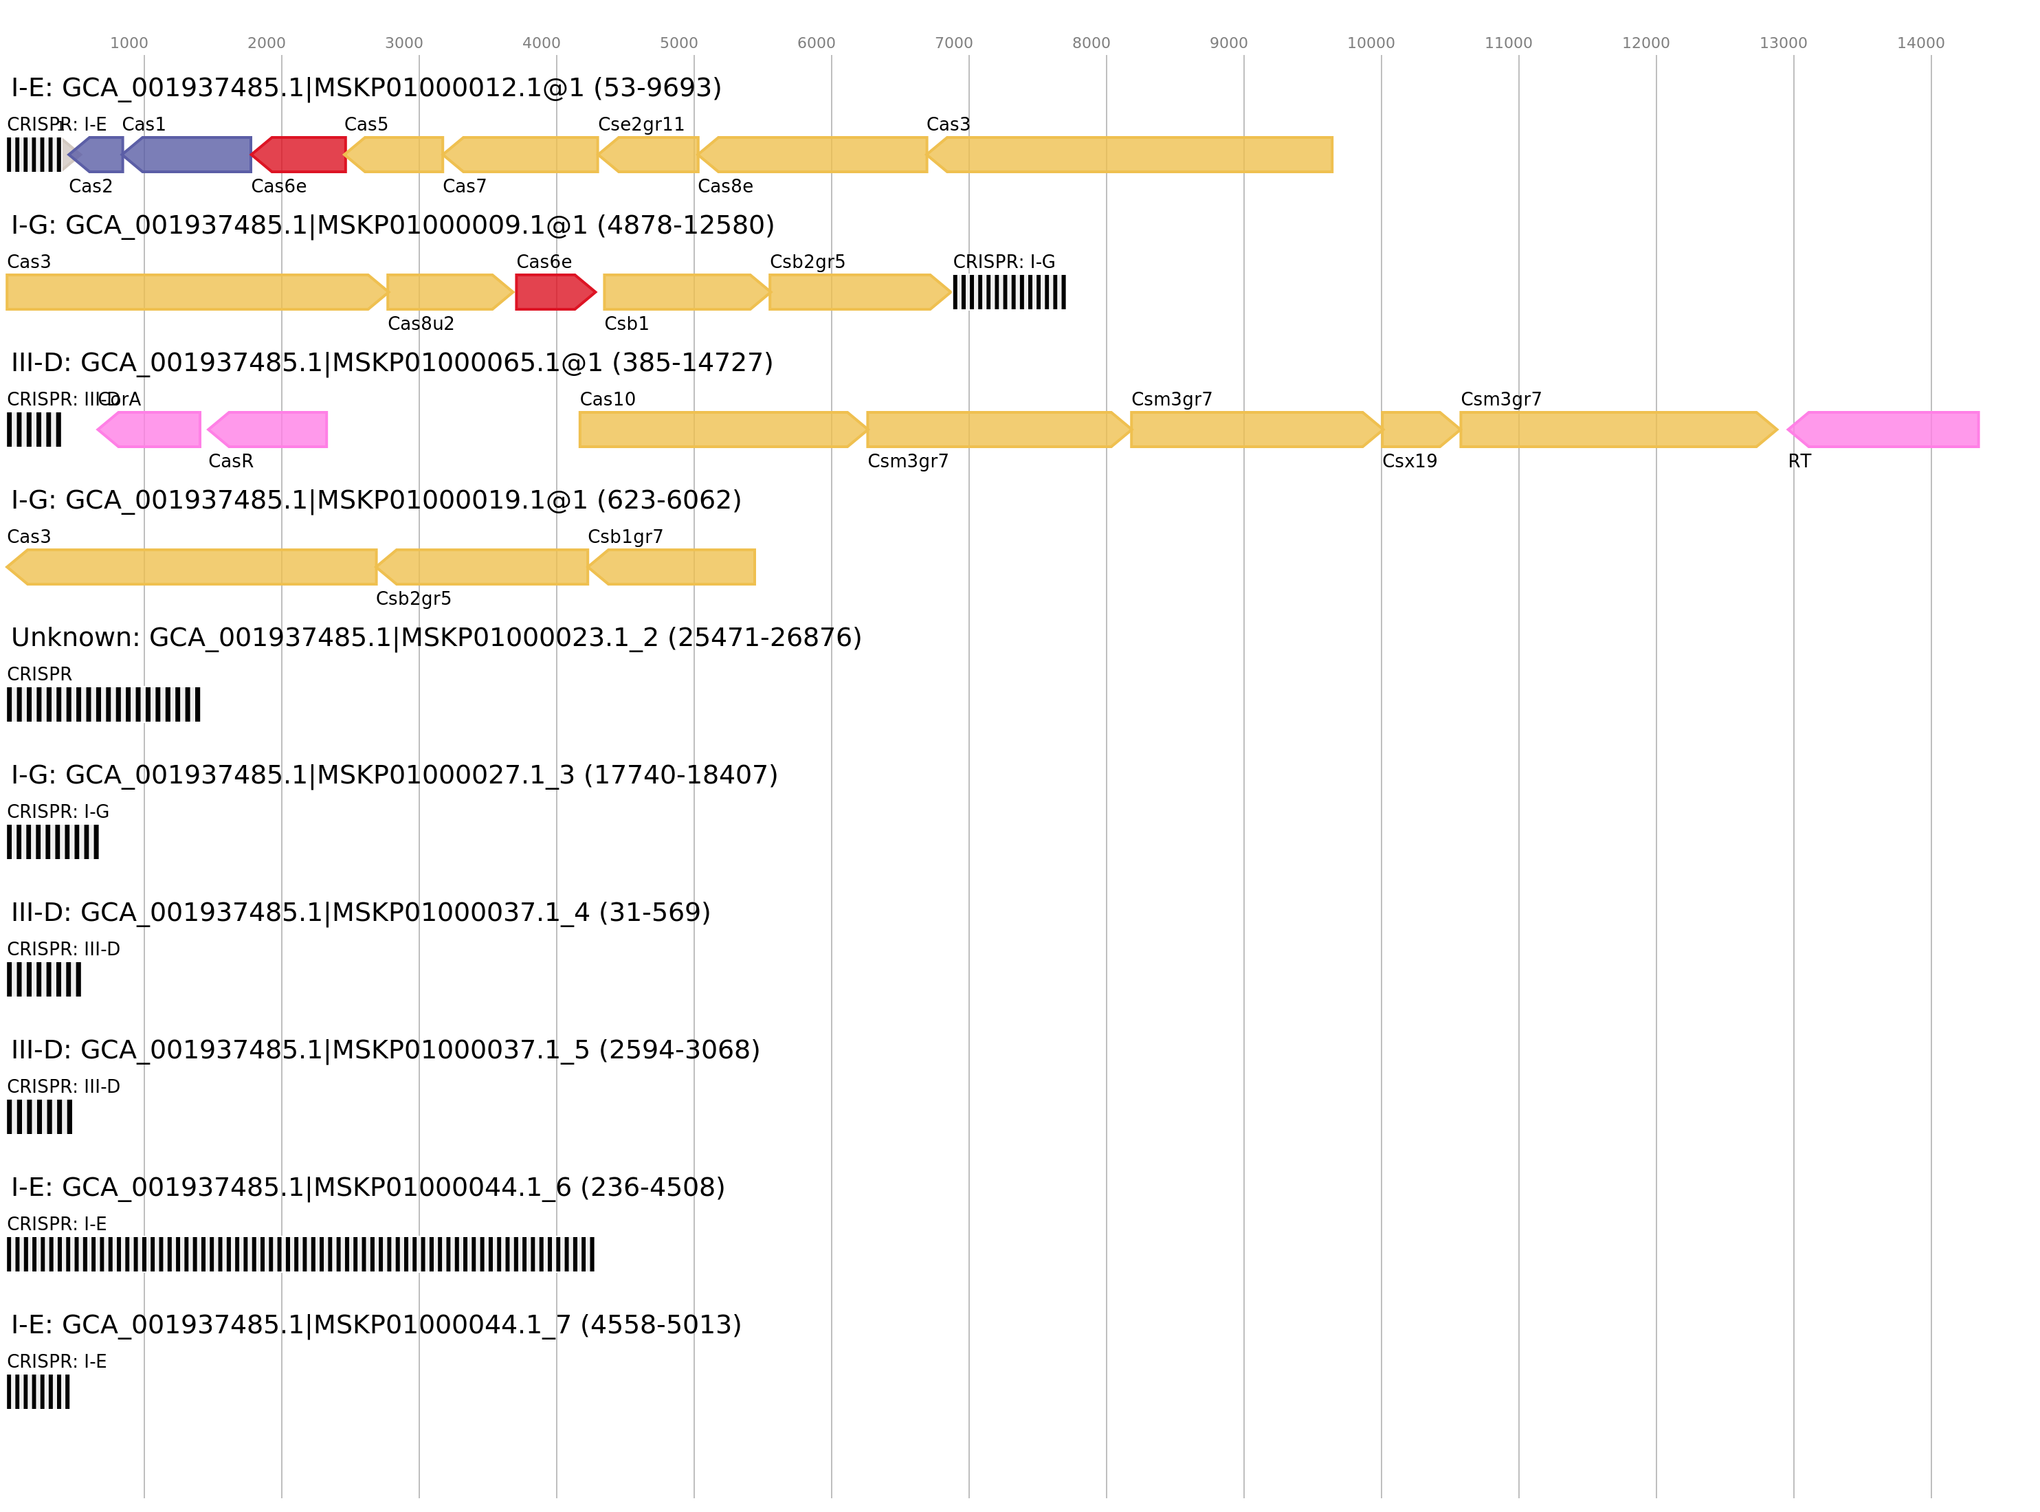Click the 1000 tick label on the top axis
tap(129, 43)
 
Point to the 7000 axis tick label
tap(953, 43)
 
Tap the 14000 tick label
tap(1920, 43)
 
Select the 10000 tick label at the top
tap(1370, 43)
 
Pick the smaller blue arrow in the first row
tap(99, 155)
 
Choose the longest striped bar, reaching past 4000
tap(300, 1254)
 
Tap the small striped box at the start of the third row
tap(34, 430)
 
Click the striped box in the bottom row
tap(38, 1391)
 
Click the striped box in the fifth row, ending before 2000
tap(103, 704)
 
